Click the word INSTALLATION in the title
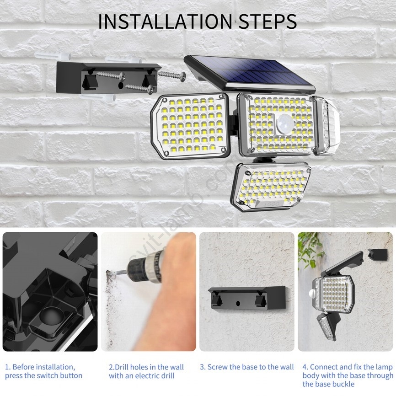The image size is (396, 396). tap(165, 21)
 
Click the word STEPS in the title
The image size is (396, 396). tap(268, 21)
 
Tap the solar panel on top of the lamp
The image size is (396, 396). tap(250, 73)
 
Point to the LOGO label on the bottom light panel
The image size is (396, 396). tap(272, 204)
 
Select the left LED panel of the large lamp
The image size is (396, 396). tap(190, 126)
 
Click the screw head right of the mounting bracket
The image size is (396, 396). tap(182, 75)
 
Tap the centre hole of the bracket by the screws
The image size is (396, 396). tap(121, 86)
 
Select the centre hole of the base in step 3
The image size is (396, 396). tap(238, 302)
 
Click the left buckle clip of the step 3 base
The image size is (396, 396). tap(217, 299)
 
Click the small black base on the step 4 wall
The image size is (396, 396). tap(378, 255)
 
